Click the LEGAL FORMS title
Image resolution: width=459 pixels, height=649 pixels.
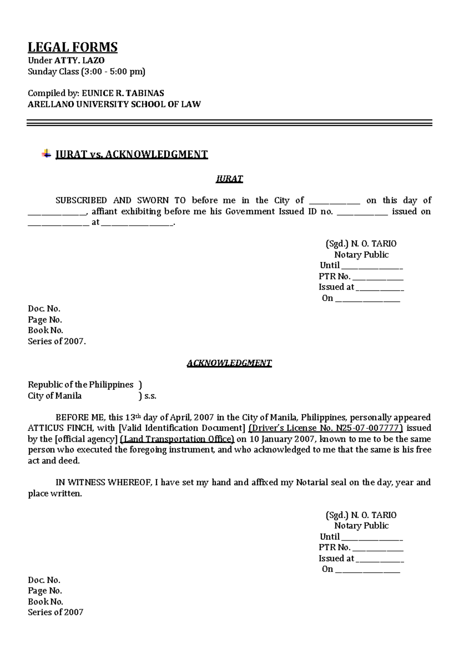coord(73,47)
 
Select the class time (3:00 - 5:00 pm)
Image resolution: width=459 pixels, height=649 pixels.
coord(113,72)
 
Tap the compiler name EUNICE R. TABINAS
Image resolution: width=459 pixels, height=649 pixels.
coord(123,93)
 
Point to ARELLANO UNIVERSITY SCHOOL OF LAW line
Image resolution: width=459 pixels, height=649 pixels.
coord(114,104)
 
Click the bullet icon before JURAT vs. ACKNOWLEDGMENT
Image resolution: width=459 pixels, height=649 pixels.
coord(46,154)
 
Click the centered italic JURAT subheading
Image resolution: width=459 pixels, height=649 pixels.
coord(229,179)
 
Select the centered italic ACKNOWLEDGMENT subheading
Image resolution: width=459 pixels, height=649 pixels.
coord(229,363)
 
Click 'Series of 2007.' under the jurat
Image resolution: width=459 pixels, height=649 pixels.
coord(57,341)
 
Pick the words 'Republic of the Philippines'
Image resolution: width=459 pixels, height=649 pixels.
coord(81,385)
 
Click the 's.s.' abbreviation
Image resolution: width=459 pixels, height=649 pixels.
coord(150,396)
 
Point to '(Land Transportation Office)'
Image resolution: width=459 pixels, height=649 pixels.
coord(177,439)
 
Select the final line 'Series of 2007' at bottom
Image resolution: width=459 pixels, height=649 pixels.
coord(55,612)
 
